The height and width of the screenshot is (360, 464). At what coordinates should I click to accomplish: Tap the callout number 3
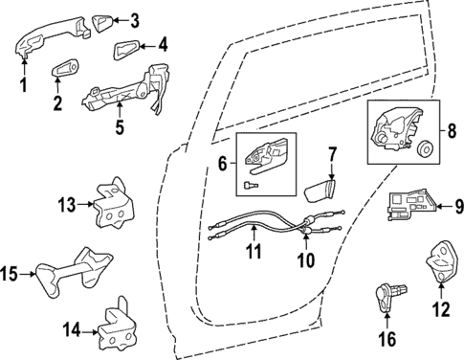134,18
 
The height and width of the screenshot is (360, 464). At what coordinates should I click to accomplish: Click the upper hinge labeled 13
112,204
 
